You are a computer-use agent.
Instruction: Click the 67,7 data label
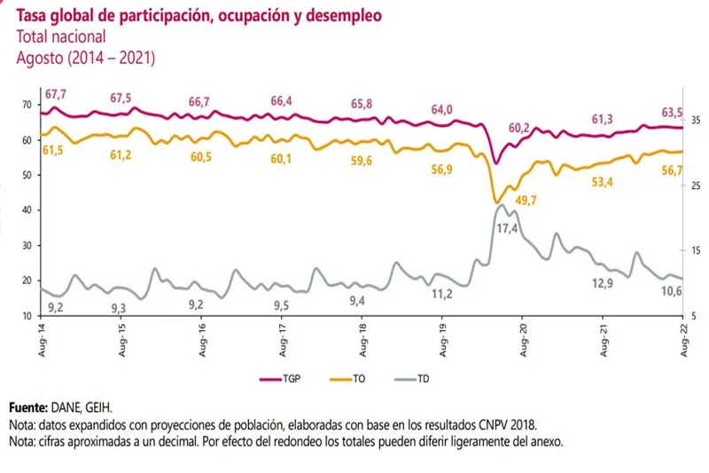pyautogui.click(x=58, y=92)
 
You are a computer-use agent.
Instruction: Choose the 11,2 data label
pyautogui.click(x=441, y=294)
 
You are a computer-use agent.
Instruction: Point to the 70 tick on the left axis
pyautogui.click(x=27, y=105)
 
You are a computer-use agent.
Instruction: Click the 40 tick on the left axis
pyautogui.click(x=27, y=210)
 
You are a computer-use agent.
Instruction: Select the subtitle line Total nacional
pyautogui.click(x=61, y=37)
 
